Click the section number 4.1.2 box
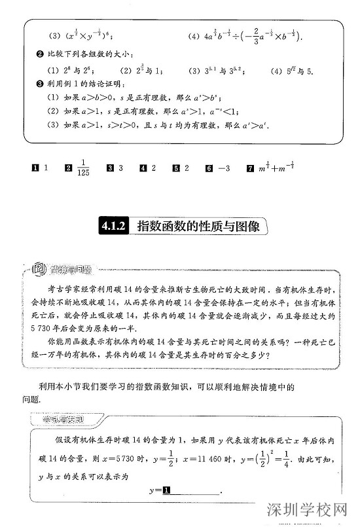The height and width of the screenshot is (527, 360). tap(113, 227)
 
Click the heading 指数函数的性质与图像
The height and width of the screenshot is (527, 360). tap(198, 227)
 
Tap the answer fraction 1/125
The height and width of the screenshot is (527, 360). tap(82, 168)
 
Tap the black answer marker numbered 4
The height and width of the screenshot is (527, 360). tap(143, 168)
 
